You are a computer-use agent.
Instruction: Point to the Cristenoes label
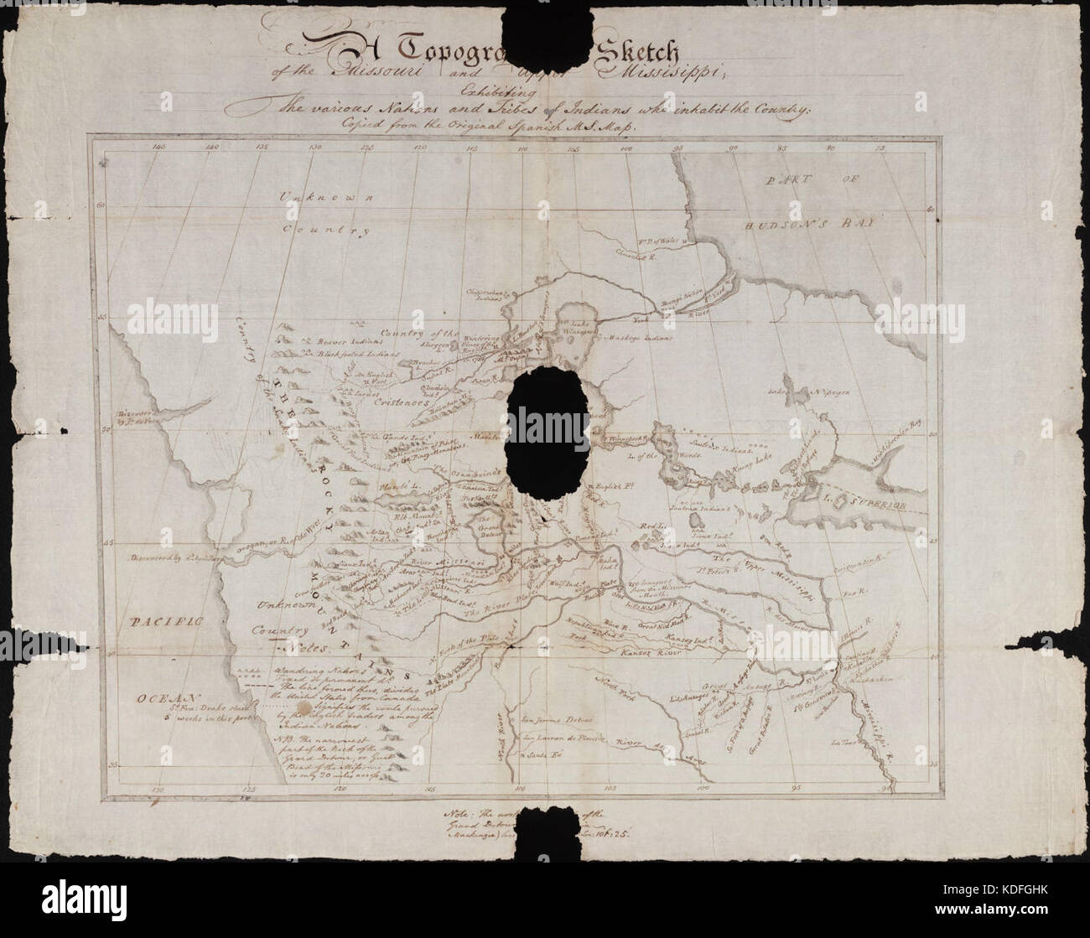[x=385, y=402]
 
